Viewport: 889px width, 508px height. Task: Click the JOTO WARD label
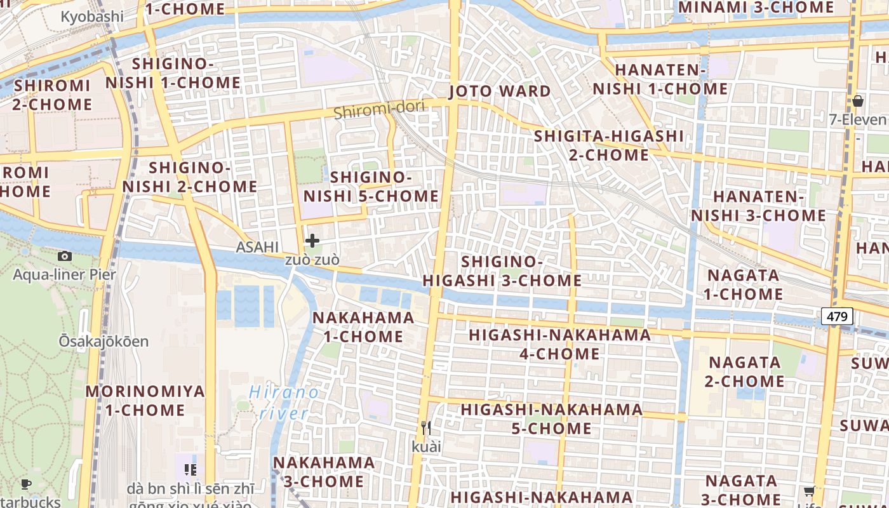[x=500, y=91]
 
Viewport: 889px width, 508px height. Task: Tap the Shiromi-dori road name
[x=379, y=111]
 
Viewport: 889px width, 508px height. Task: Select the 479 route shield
[x=836, y=316]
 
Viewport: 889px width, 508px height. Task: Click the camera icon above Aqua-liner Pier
[x=64, y=256]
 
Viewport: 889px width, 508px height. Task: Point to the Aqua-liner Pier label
[x=65, y=275]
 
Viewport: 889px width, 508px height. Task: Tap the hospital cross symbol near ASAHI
[x=312, y=241]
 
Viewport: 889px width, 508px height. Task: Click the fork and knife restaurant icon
[x=425, y=427]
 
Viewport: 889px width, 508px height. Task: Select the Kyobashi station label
[x=92, y=17]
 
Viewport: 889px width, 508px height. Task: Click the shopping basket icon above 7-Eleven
[x=857, y=100]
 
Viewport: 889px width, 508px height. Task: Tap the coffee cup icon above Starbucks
[x=26, y=485]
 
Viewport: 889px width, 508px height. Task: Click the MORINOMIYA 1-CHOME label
[x=145, y=401]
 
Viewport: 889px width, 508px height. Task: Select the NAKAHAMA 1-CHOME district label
[x=364, y=326]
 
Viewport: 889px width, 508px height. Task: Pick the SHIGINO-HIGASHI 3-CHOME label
[x=502, y=271]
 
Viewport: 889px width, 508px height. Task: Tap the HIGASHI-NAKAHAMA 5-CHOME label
[x=552, y=419]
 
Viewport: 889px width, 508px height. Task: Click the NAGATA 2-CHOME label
[x=744, y=371]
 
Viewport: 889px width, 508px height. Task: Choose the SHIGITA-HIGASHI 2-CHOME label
[x=608, y=145]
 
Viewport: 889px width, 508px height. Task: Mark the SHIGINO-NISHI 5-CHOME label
[x=371, y=187]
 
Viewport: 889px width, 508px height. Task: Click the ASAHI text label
[x=257, y=247]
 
